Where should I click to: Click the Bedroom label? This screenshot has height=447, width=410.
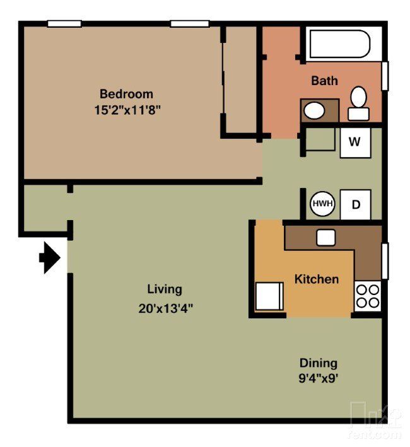coord(126,94)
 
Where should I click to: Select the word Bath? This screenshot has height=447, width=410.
coord(324,81)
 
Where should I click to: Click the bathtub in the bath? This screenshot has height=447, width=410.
coord(338,44)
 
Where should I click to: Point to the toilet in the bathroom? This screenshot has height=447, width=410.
coord(359,103)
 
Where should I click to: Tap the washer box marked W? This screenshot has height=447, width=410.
coord(355,142)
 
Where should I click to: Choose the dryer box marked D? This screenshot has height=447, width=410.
coord(356,204)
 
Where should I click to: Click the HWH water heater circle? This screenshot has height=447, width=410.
coord(322,204)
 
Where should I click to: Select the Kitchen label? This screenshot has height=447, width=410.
coord(317,279)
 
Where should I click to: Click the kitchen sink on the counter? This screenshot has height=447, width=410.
coord(325,237)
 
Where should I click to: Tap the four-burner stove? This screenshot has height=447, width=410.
coord(368,296)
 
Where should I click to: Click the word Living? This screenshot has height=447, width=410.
coord(165,289)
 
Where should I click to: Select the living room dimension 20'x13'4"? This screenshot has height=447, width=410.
coord(165,308)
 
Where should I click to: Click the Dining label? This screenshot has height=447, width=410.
coord(318,363)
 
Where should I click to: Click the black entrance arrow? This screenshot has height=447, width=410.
coord(50,258)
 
